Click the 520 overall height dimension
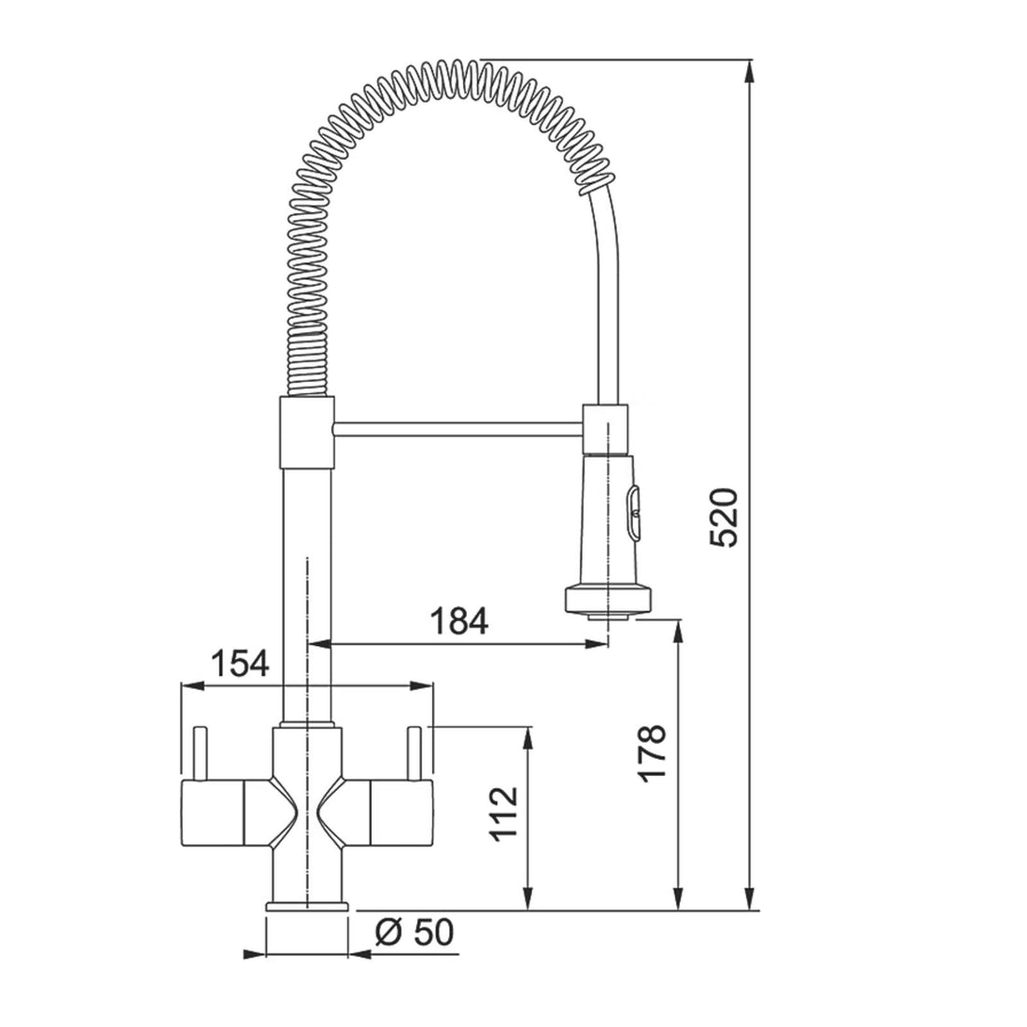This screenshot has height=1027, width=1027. point(724,517)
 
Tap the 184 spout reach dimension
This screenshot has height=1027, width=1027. point(459,621)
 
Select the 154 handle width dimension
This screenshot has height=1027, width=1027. point(240,664)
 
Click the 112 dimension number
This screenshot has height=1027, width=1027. point(504,814)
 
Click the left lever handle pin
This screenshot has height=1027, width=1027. point(200,753)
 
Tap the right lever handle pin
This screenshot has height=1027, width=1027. point(414,753)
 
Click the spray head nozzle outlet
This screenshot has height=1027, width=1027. point(610,615)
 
